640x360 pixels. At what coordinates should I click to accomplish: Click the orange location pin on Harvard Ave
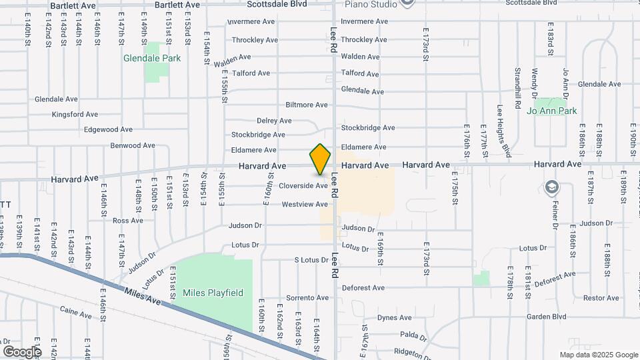321,159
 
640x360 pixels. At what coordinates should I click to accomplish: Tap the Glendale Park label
152,58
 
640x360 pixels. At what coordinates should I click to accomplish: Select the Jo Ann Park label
552,111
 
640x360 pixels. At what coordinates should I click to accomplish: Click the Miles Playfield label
214,292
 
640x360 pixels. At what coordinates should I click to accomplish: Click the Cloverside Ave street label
303,185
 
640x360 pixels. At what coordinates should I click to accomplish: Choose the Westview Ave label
305,204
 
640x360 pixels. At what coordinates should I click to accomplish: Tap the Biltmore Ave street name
307,105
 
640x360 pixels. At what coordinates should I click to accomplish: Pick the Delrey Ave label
274,121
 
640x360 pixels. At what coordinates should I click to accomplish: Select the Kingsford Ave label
75,114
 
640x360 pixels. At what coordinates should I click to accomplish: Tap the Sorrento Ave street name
307,297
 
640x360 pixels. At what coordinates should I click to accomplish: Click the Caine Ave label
75,310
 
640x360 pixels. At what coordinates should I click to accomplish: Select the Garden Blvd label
545,317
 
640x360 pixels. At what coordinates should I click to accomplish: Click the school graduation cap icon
551,186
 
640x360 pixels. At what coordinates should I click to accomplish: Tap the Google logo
22,351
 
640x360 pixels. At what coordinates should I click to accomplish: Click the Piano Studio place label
371,4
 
